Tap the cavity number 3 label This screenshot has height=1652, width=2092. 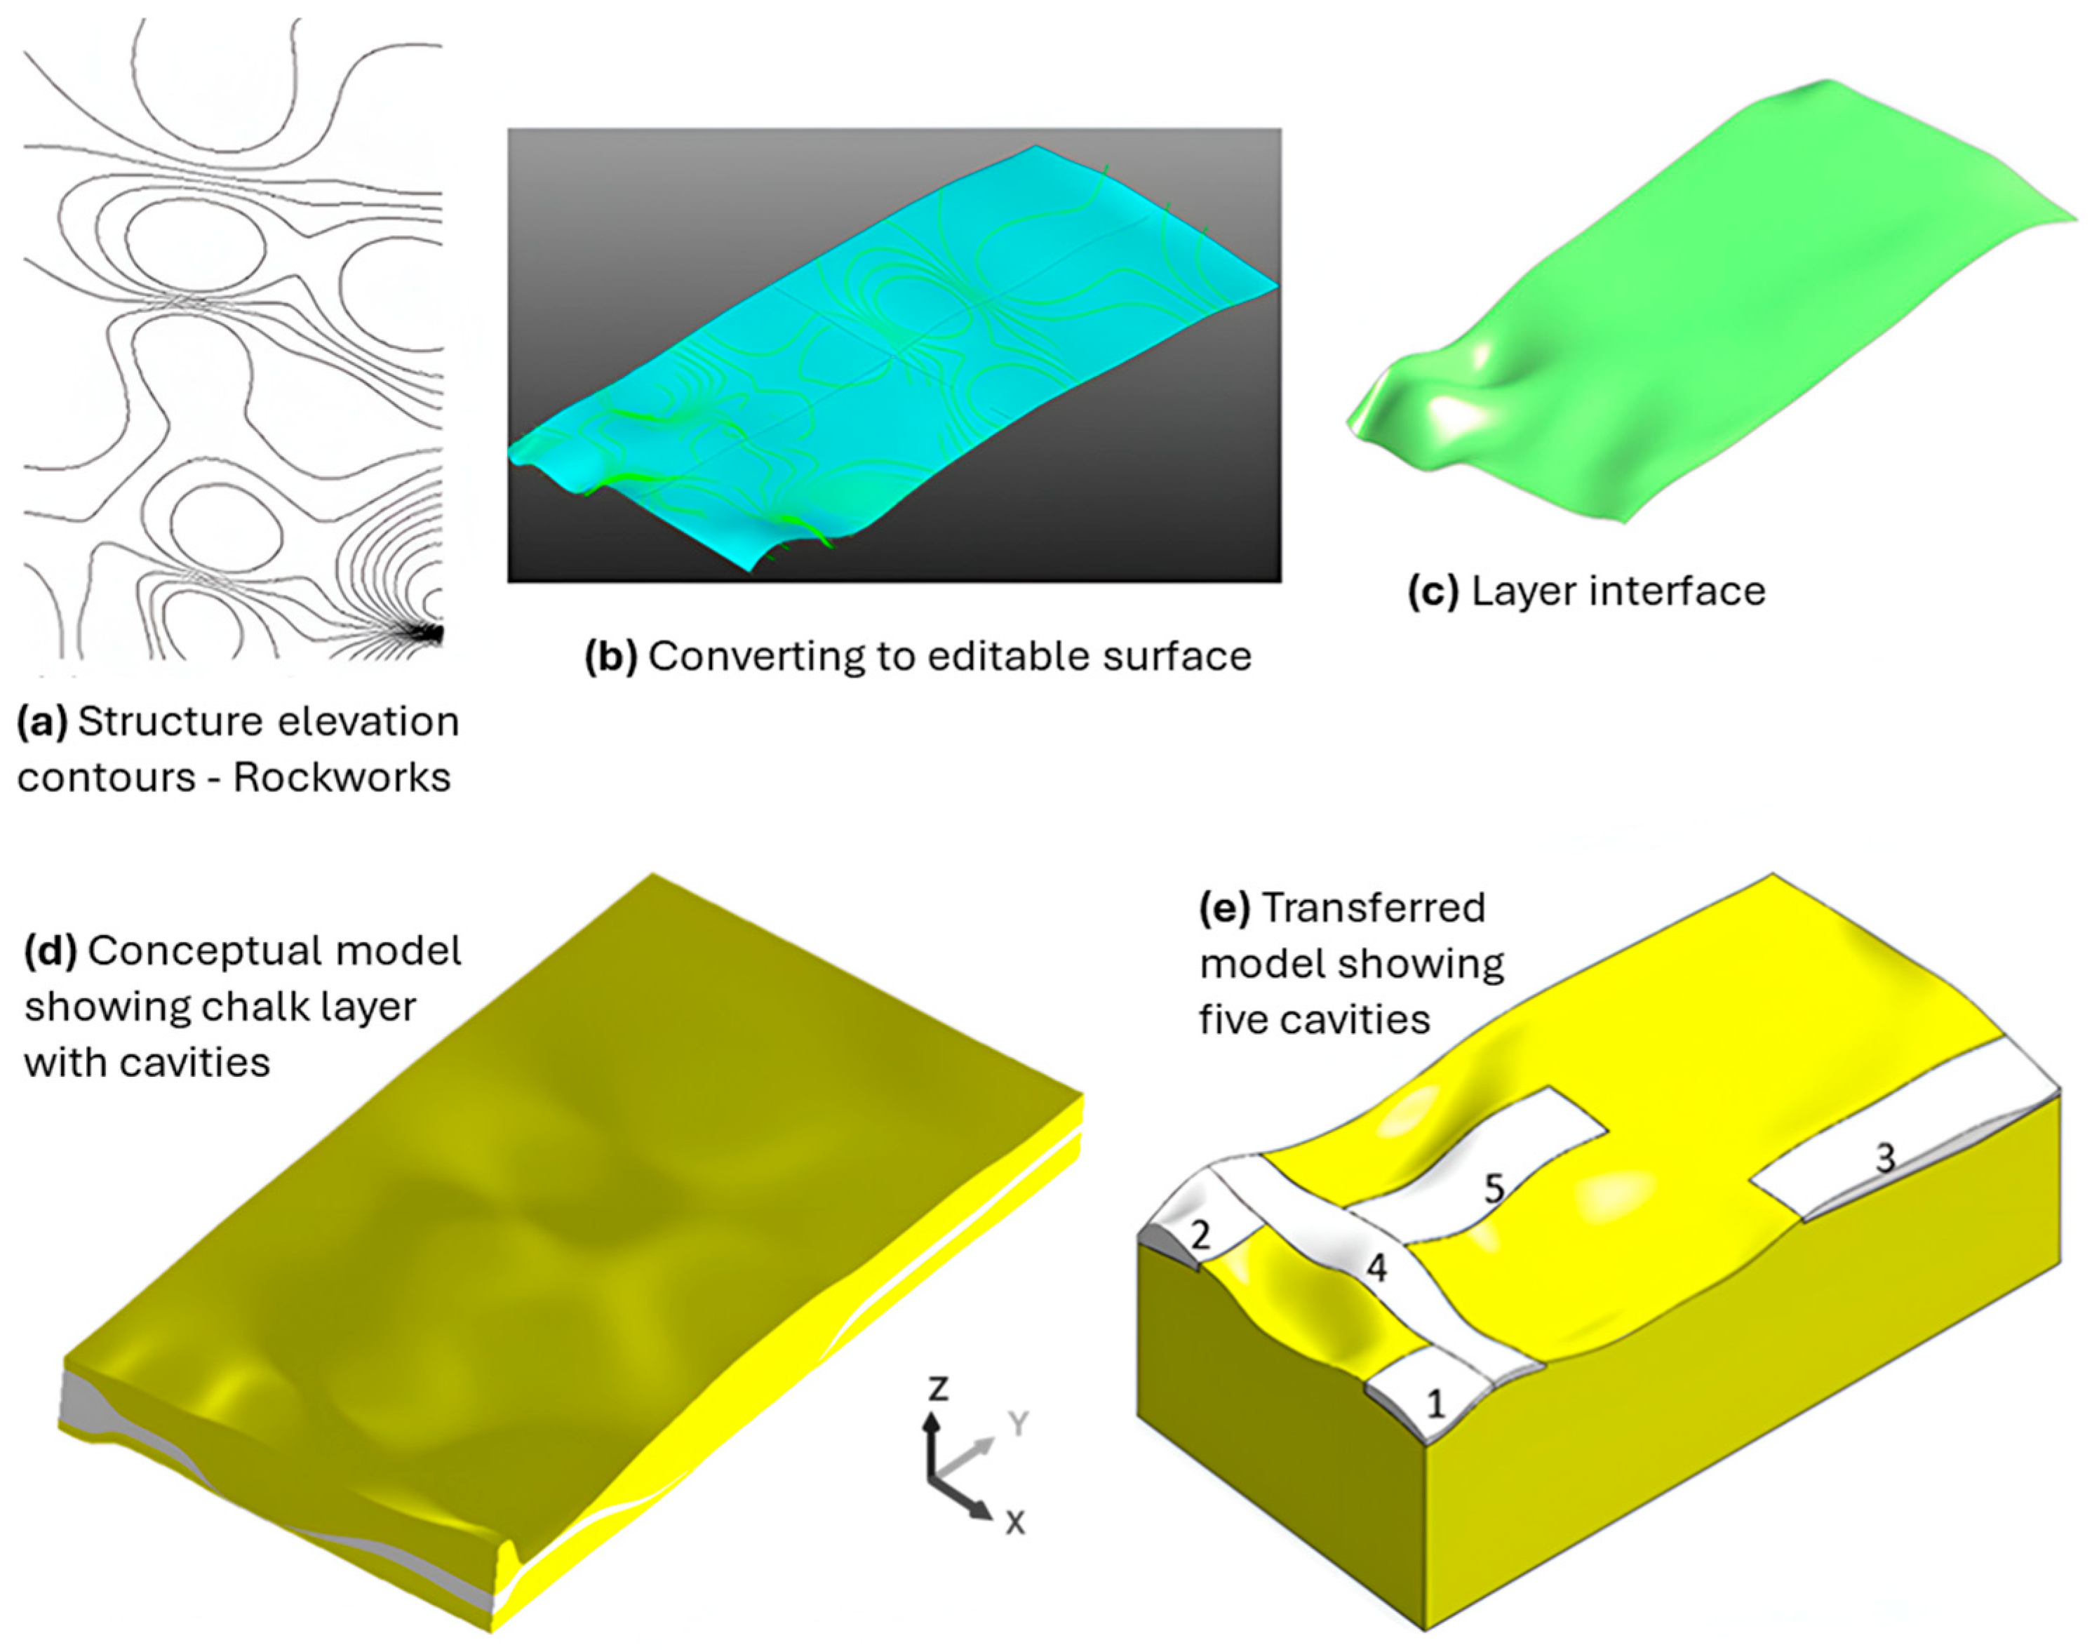coord(1886,1157)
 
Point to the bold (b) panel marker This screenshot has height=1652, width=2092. coord(611,657)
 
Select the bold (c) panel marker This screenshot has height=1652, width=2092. coord(1433,591)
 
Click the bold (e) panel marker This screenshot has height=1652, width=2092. coord(1224,908)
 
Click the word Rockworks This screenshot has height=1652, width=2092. coord(342,778)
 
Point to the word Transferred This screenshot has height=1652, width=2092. coord(1374,908)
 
